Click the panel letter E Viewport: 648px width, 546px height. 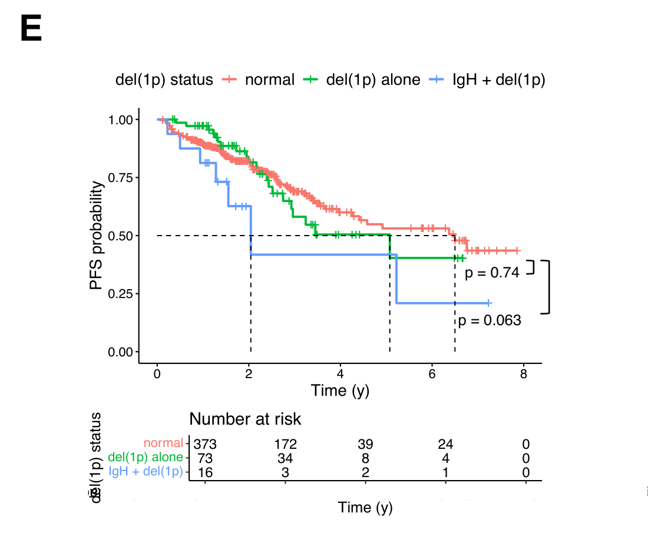click(x=31, y=29)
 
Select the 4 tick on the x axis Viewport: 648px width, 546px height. click(x=340, y=375)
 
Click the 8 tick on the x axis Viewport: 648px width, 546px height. click(x=524, y=375)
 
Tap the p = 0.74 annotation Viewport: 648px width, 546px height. click(x=492, y=273)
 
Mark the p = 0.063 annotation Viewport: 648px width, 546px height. click(x=490, y=320)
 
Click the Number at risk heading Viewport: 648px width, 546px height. click(x=245, y=419)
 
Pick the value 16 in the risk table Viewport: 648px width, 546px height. click(x=205, y=472)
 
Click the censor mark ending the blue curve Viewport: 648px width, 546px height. click(x=488, y=303)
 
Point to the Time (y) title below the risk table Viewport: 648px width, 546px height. click(x=365, y=507)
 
